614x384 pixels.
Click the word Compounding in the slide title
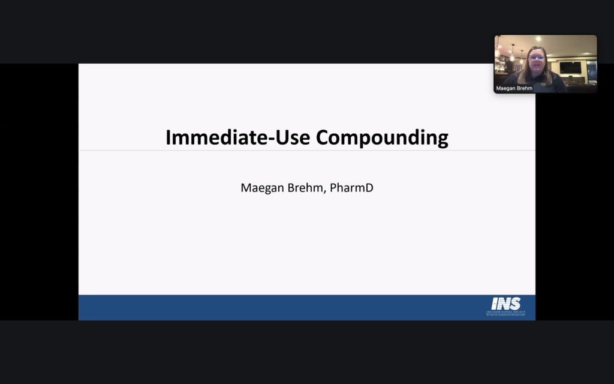pyautogui.click(x=382, y=138)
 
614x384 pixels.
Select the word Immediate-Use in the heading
pyautogui.click(x=238, y=137)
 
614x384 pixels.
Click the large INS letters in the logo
pyautogui.click(x=505, y=304)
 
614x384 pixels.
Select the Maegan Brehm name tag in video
pyautogui.click(x=514, y=88)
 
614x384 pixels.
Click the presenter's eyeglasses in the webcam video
pyautogui.click(x=537, y=58)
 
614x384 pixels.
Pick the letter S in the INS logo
pyautogui.click(x=515, y=304)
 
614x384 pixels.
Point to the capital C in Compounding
pyautogui.click(x=323, y=137)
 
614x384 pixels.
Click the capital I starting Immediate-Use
pyautogui.click(x=168, y=137)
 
